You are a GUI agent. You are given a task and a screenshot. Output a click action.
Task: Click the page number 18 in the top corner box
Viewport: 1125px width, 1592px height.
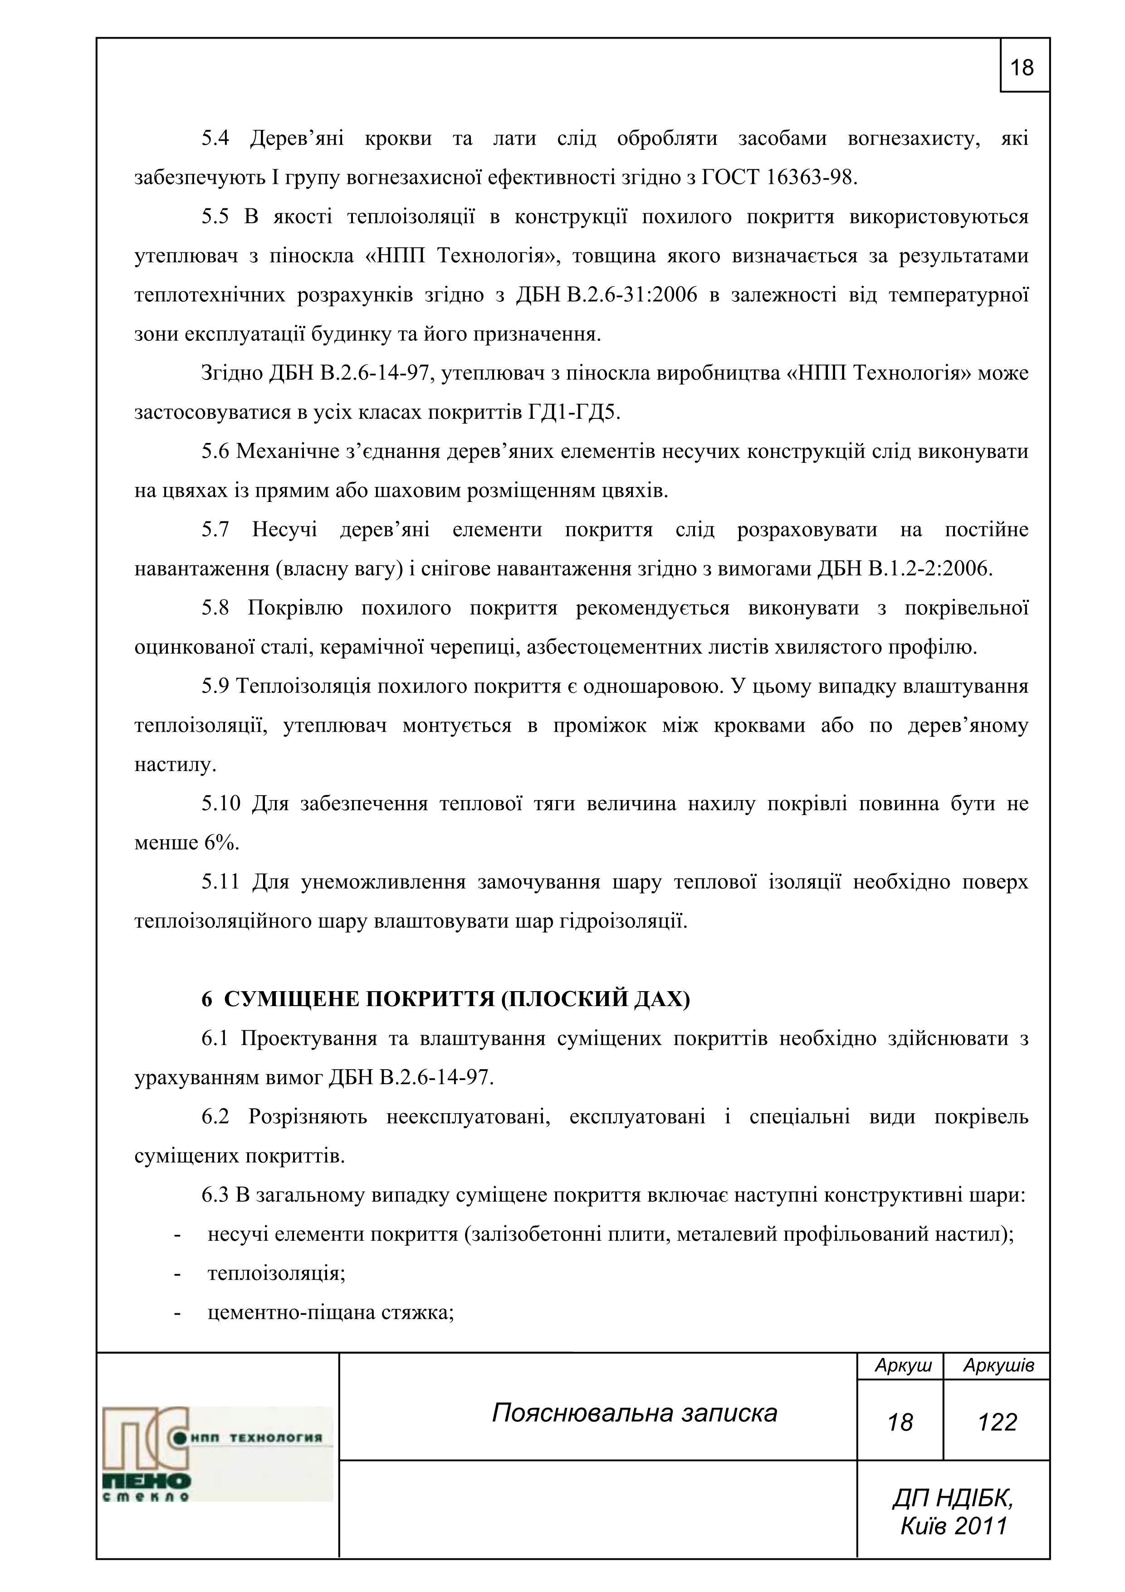coord(1022,68)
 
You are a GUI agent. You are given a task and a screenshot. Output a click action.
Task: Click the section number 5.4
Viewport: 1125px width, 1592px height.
coord(215,139)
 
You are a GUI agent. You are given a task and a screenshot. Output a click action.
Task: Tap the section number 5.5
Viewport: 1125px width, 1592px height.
coord(215,217)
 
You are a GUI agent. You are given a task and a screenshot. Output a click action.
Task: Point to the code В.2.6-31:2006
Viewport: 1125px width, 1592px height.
coord(632,295)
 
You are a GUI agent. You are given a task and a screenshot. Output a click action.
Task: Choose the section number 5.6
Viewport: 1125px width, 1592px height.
coord(215,452)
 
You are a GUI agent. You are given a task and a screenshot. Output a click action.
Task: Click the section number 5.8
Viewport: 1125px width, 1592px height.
coord(215,608)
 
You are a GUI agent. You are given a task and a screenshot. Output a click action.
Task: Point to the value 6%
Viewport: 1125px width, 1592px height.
coord(221,843)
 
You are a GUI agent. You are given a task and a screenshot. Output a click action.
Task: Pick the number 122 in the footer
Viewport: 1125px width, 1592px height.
coord(997,1422)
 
